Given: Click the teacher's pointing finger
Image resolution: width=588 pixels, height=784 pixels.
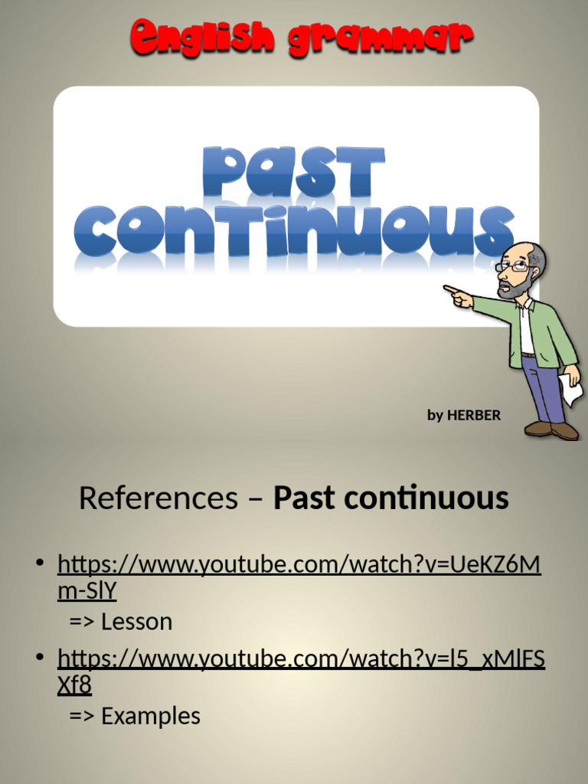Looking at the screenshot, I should (x=452, y=289).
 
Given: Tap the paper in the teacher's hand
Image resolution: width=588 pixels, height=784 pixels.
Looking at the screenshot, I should (x=570, y=390).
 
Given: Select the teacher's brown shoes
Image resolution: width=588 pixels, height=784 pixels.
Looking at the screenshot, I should (x=551, y=429).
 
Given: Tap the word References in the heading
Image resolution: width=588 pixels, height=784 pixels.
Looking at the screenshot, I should (x=158, y=498).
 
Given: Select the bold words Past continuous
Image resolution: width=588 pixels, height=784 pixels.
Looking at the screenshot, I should (x=391, y=498).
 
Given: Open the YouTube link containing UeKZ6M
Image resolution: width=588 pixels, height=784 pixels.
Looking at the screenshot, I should (x=299, y=566).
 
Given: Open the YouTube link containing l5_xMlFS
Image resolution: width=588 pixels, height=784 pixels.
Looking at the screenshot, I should (x=301, y=659).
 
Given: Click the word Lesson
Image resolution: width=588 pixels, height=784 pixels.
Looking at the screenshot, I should (x=136, y=622).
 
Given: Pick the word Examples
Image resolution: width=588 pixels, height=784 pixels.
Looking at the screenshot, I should (x=150, y=717).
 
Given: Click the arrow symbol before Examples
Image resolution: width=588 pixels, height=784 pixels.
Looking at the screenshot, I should (x=81, y=717).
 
